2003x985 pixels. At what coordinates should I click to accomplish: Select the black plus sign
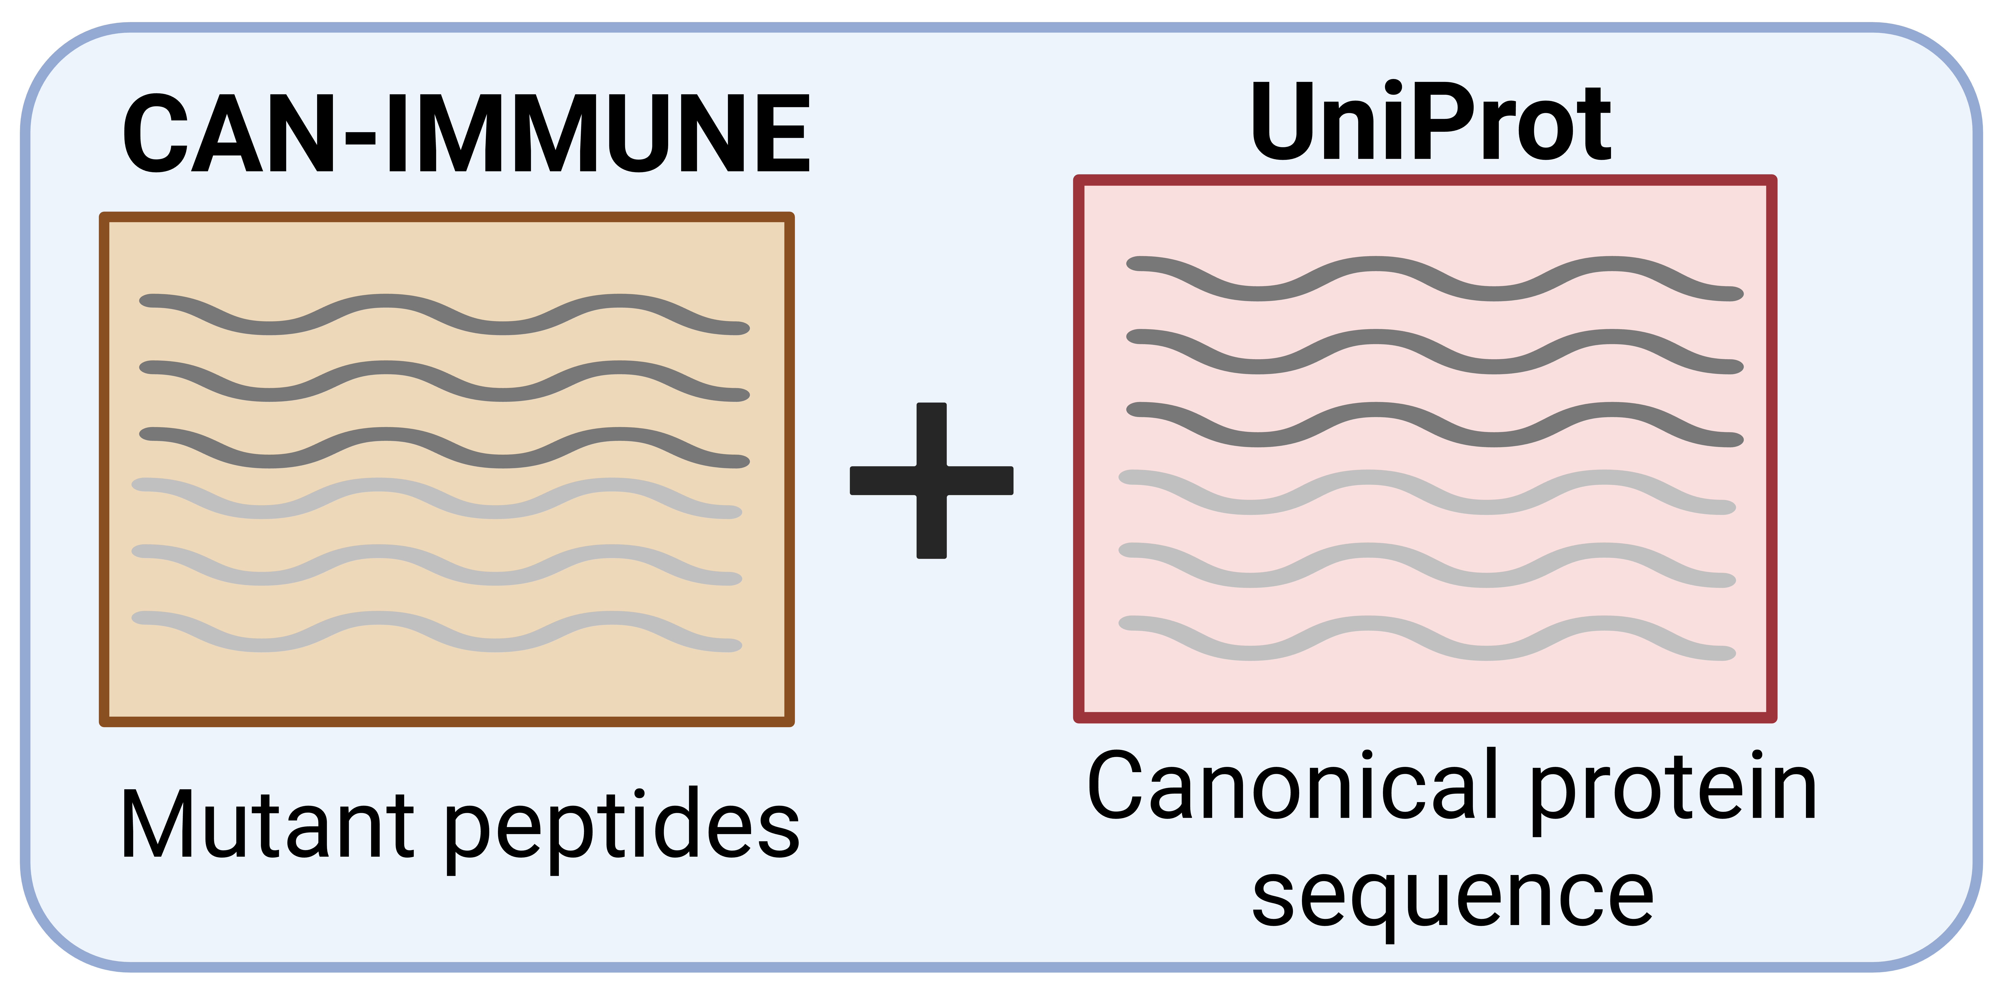click(x=931, y=480)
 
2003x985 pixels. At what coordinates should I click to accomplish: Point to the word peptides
click(x=622, y=829)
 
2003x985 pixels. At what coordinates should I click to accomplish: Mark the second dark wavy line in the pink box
click(x=1435, y=351)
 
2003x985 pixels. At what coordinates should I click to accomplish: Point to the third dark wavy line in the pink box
click(x=1435, y=424)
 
